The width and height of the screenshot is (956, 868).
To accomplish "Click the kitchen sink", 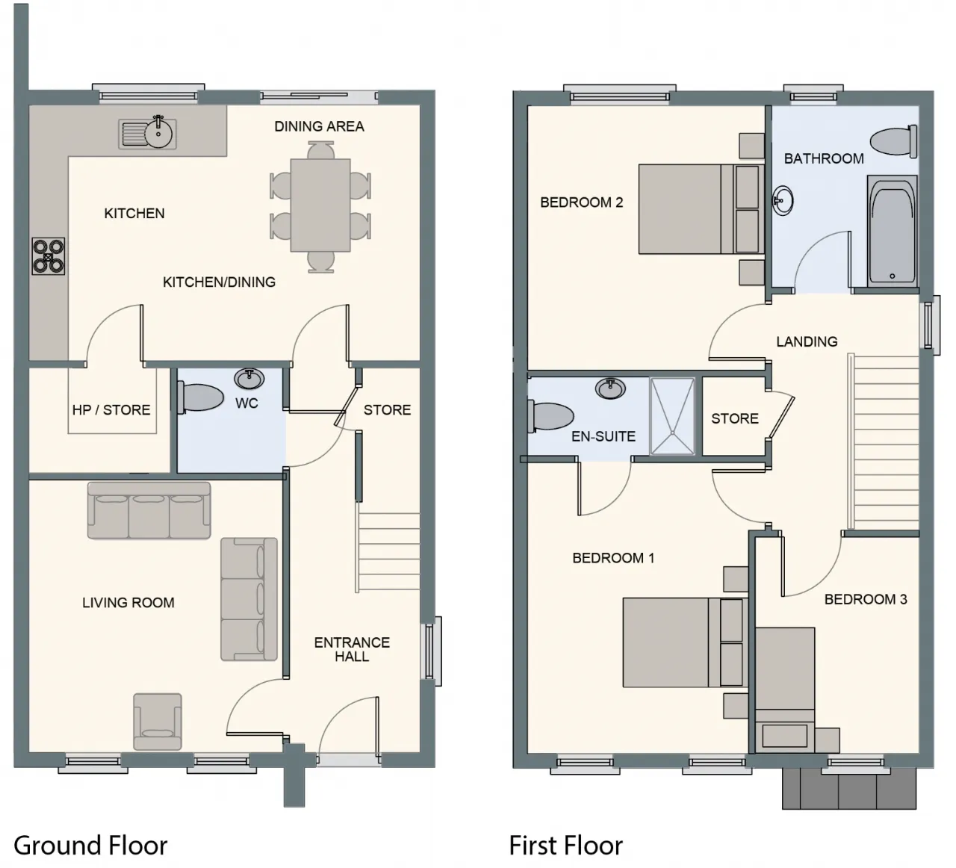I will click(x=147, y=133).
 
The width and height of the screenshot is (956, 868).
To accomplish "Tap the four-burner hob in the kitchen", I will click(x=48, y=255).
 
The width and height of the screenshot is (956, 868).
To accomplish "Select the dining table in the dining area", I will click(x=320, y=205).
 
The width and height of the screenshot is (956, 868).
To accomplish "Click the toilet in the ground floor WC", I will click(x=199, y=397).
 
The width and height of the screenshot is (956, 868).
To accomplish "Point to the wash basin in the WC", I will click(x=249, y=379).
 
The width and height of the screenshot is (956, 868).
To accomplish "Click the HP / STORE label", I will click(x=111, y=409).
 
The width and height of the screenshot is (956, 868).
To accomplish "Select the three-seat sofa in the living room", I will click(x=149, y=511).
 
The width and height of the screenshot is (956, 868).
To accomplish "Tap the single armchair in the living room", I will click(x=157, y=722).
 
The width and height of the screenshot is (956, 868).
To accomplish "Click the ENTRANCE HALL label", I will click(x=352, y=649).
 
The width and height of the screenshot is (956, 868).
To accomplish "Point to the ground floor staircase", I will click(x=388, y=552).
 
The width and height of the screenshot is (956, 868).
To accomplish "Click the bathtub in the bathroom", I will click(x=892, y=231).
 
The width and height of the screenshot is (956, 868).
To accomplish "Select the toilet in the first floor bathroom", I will click(x=894, y=142).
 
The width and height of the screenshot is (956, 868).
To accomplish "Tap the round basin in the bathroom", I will click(x=783, y=200).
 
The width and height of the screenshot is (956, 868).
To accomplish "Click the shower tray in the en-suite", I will click(x=672, y=416).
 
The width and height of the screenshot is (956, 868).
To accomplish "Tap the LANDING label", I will click(x=807, y=341).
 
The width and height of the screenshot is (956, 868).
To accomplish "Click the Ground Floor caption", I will click(x=90, y=845).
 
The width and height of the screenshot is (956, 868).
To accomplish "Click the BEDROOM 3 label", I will click(x=865, y=599).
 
